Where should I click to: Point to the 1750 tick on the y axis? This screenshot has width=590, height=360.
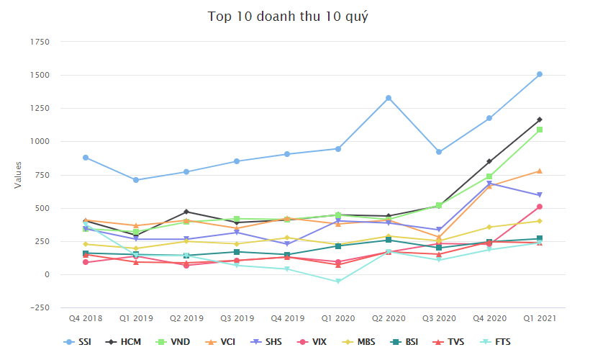39,42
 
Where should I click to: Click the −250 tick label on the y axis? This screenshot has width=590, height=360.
38,308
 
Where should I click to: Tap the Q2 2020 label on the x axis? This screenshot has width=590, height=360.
388,317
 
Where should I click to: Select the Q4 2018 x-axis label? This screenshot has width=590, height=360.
85,317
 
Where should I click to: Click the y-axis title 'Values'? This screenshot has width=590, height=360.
18,175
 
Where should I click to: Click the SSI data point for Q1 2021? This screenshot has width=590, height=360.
539,74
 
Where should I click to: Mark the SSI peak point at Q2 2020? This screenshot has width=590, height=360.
388,98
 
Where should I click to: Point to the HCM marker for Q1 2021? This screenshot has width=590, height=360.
539,120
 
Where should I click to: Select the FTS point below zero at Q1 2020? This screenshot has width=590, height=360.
337,282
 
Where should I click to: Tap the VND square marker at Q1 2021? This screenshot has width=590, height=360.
539,130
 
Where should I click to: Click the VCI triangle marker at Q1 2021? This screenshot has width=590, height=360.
539,171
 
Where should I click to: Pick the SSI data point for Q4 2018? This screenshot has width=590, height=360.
85,157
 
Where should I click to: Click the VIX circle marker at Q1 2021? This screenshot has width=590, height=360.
539,207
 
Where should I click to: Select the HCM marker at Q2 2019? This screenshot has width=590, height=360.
186,212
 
